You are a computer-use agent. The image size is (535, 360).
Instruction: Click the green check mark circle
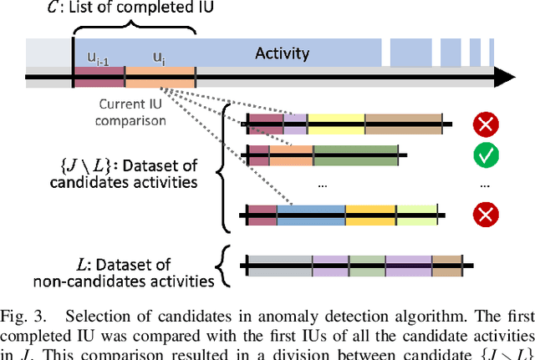point(484,155)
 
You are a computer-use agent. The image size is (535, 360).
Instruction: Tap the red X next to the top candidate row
point(484,125)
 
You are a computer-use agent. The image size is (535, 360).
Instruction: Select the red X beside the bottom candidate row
point(484,215)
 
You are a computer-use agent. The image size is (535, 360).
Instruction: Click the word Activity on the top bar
point(283,54)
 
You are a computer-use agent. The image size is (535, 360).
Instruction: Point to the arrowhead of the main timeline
point(503,78)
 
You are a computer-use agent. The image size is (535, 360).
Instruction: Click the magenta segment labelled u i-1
point(99,77)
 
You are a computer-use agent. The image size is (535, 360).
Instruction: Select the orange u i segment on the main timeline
point(160,77)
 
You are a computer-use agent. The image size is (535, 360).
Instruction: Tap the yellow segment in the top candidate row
point(336,124)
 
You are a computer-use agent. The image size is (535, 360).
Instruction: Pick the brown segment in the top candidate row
point(402,124)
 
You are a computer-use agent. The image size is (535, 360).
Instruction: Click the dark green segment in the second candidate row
point(355,155)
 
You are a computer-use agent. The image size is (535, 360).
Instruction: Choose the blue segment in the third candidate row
point(310,215)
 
